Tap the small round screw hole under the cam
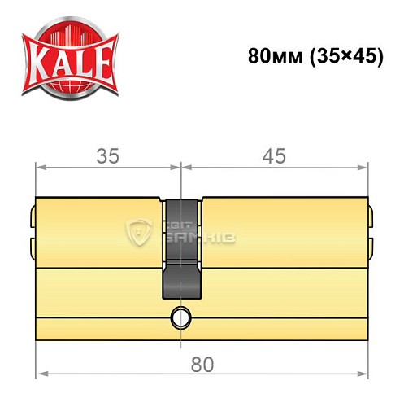(x=178, y=318)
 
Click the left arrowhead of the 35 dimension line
(x=40, y=169)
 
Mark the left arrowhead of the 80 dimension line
(x=40, y=341)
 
